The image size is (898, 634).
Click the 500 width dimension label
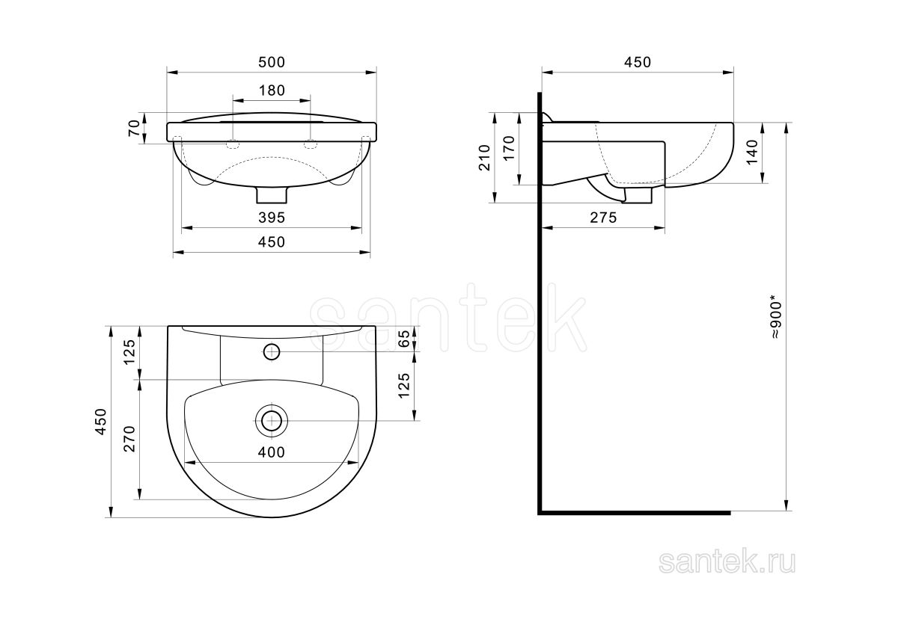coord(272,62)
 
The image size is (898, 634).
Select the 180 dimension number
coord(272,90)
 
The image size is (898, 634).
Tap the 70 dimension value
coord(135,128)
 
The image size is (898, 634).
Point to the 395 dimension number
coord(272,218)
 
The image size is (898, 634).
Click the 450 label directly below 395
coord(272,242)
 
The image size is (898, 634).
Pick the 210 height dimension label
coord(485,158)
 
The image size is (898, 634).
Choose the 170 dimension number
coord(509,148)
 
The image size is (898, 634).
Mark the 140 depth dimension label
coord(753,152)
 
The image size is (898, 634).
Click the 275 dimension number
coord(603,218)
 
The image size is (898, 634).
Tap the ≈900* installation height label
coord(776,317)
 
